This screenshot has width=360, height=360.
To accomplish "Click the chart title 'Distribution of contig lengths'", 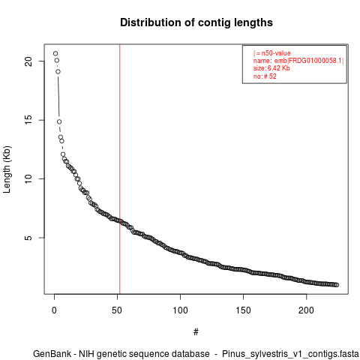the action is [196, 22].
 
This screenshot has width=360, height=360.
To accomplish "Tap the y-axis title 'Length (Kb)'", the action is [7, 169].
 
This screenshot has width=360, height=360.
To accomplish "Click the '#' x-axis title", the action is [196, 331].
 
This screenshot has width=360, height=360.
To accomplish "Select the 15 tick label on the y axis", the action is [29, 120].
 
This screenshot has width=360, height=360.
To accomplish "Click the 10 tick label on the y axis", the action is [29, 178].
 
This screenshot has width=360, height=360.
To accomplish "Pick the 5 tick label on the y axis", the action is [29, 238].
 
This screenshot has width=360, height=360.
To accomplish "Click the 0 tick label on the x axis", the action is [54, 310].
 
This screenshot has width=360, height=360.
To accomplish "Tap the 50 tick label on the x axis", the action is [117, 310].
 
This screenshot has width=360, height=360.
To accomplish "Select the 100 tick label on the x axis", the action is [180, 310].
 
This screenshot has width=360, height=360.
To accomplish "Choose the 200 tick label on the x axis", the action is [306, 310].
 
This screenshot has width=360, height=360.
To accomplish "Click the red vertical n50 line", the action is [120, 169].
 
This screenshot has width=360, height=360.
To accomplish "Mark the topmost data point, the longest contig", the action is [55, 53].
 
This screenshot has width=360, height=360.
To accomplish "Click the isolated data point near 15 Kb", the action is [59, 121].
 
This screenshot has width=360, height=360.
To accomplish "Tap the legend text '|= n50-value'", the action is [272, 53].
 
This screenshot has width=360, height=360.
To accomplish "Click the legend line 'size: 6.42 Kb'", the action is [271, 68].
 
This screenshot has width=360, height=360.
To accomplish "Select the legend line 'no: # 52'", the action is [265, 76].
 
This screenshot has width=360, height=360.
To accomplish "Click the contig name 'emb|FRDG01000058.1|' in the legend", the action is [309, 61].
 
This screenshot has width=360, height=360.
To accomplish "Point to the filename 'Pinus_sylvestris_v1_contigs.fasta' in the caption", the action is [290, 354].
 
